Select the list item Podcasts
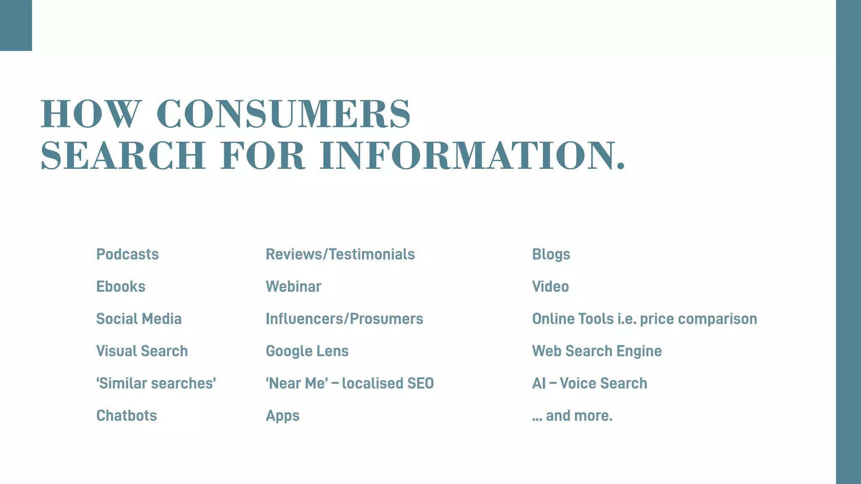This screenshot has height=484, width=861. click(x=127, y=254)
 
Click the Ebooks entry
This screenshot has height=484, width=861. click(x=121, y=287)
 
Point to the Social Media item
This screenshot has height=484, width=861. click(x=139, y=319)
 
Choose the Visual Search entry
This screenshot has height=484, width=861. click(x=142, y=351)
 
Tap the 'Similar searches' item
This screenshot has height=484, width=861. click(x=156, y=383)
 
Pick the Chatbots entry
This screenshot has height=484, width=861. click(x=127, y=416)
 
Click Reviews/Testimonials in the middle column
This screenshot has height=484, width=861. click(x=340, y=254)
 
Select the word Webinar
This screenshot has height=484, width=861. click(x=293, y=287)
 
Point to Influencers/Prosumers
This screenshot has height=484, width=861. click(x=344, y=319)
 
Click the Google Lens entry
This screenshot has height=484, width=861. click(x=307, y=351)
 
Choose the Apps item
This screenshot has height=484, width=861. click(x=283, y=416)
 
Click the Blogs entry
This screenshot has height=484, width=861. click(x=551, y=255)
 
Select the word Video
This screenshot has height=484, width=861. click(x=550, y=287)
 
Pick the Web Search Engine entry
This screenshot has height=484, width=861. click(x=597, y=351)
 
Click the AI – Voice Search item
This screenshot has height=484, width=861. click(x=589, y=383)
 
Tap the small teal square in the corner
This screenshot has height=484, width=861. click(x=16, y=25)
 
